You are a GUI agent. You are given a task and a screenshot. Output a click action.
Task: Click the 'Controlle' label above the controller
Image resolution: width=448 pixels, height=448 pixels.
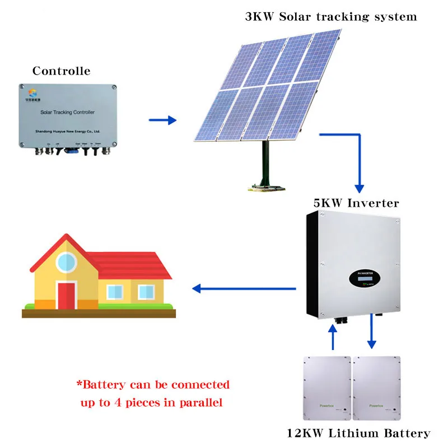pyautogui.click(x=61, y=71)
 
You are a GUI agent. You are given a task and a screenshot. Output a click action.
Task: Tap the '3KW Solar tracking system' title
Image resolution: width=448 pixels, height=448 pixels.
pyautogui.click(x=330, y=16)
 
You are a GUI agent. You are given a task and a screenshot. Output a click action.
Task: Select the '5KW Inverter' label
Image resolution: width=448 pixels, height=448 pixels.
pyautogui.click(x=356, y=203)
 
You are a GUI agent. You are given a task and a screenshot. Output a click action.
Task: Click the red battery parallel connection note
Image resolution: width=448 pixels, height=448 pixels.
pyautogui.click(x=153, y=394)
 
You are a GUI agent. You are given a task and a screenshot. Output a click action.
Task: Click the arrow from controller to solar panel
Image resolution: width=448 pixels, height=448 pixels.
pyautogui.click(x=162, y=120)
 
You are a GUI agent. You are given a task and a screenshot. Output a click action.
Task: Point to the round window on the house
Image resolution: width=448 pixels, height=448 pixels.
pyautogui.click(x=67, y=260)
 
